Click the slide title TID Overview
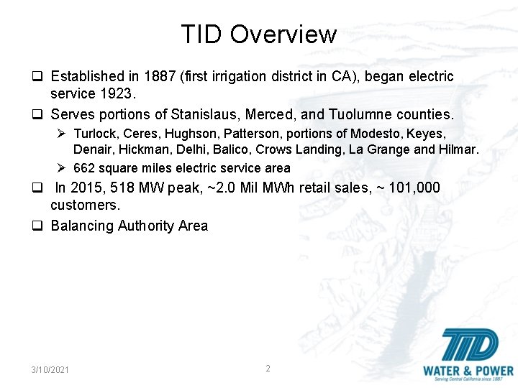click(x=258, y=34)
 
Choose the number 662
click(x=84, y=168)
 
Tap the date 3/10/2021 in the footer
click(x=50, y=369)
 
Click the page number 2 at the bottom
click(x=268, y=369)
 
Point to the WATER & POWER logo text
click(x=468, y=371)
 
